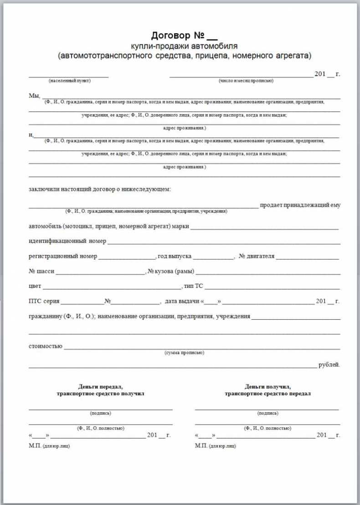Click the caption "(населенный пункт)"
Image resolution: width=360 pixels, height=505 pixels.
coord(70,81)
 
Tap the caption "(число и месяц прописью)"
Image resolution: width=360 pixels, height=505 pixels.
coord(246,81)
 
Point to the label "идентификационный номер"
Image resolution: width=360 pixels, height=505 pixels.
coord(67,241)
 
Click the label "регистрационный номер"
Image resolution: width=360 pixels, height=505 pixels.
coord(63,256)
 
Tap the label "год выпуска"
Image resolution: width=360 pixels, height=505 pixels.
coord(174,256)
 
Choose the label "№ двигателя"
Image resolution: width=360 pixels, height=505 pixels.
coord(257,256)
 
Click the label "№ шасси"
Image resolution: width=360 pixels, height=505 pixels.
coord(41,271)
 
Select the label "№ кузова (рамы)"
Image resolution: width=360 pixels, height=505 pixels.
coord(171,271)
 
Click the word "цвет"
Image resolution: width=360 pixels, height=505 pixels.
coord(35,286)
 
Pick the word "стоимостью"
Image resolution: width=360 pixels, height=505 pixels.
coord(45,347)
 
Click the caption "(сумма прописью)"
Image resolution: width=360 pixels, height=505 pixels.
coord(185,353)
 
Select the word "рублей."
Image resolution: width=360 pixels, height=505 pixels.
coord(329,365)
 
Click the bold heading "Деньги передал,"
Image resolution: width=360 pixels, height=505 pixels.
coord(100,386)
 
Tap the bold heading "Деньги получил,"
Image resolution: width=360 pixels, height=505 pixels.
coord(267,386)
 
